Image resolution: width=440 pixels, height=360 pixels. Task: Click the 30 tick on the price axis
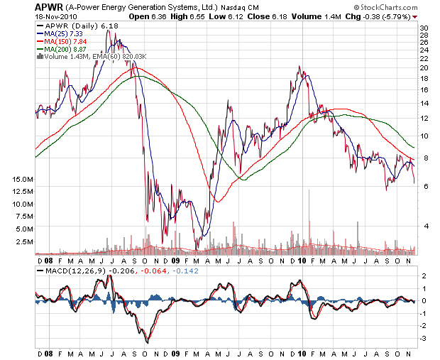[x=423, y=28]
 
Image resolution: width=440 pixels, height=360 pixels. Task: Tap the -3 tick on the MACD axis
[x=423, y=339]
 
